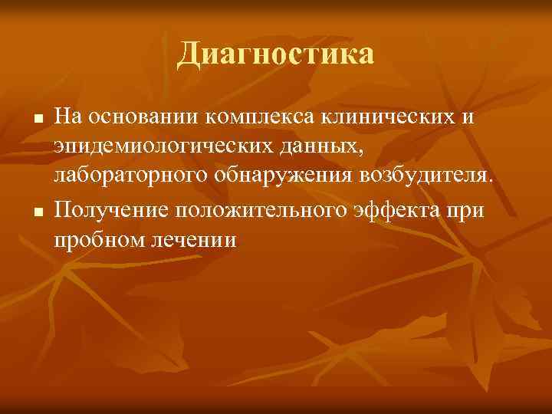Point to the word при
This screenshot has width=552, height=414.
(468, 209)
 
